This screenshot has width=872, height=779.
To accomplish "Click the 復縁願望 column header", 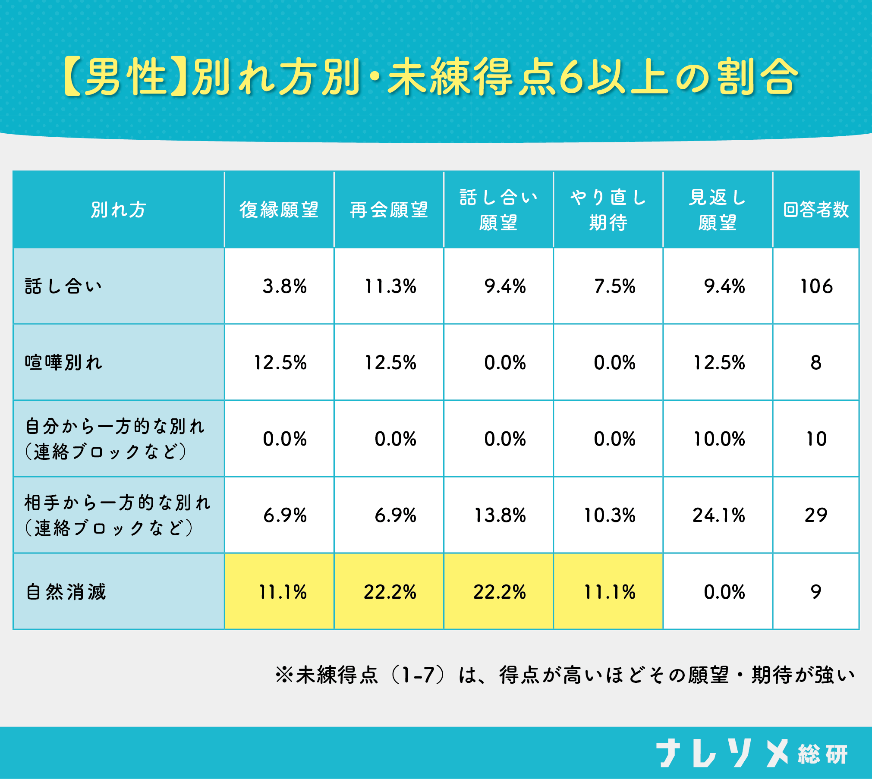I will (x=279, y=210).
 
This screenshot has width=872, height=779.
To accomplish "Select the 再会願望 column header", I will (x=389, y=210).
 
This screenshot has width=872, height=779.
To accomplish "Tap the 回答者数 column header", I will (x=816, y=210).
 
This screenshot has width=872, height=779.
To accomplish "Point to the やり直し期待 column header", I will (x=608, y=210).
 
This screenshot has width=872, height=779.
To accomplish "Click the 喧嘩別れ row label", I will (x=63, y=362).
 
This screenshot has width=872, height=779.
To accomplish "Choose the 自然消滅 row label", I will (x=66, y=591).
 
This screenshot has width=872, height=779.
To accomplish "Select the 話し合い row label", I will (x=63, y=286).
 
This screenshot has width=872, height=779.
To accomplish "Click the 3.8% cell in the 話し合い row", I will (x=284, y=286).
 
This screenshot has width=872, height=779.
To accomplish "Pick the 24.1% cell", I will (x=718, y=515).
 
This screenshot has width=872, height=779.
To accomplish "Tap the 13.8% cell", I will (x=500, y=515).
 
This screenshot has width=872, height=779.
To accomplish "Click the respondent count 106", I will (x=816, y=286).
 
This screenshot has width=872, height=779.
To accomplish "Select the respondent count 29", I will (x=816, y=515).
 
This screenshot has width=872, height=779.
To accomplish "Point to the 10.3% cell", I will (x=609, y=515).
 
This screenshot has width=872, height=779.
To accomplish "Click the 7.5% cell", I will (x=614, y=286).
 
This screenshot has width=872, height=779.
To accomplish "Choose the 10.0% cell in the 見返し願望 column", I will (x=719, y=439).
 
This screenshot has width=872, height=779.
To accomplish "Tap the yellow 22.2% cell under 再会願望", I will (x=390, y=592).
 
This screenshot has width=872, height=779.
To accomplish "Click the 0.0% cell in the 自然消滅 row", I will (x=724, y=592).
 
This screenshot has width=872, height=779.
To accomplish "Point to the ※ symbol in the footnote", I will (x=284, y=675).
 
